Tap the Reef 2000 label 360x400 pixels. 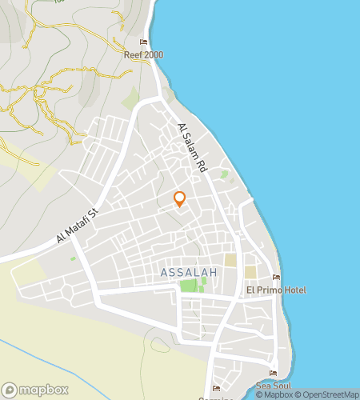143,55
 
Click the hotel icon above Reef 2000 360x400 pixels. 144,42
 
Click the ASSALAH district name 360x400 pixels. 189,273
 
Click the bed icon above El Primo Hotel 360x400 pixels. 276,278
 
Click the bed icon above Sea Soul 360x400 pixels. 274,373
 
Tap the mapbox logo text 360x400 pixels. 38,390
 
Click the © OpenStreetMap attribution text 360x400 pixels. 327,394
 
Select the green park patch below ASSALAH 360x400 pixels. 188,286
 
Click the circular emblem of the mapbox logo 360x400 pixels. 10,390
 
